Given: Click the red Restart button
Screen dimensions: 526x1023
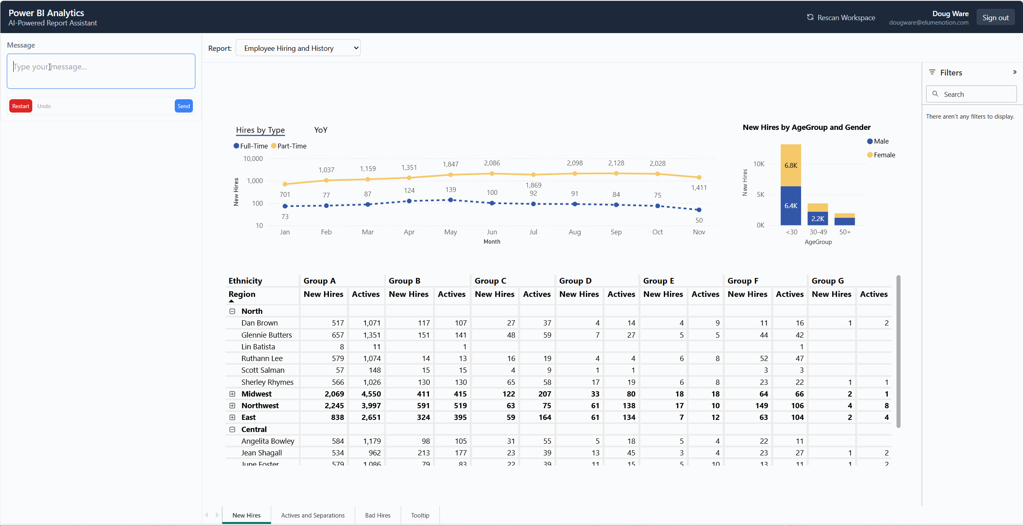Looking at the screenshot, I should (x=21, y=106).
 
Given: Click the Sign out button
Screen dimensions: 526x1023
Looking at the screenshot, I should (x=995, y=17).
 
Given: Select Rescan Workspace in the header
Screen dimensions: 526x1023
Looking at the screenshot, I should (x=841, y=17).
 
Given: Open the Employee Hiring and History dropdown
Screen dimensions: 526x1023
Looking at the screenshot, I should (x=298, y=48).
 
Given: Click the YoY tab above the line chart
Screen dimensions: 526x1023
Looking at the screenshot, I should (x=321, y=130).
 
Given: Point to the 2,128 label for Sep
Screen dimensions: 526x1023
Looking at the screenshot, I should (x=616, y=163).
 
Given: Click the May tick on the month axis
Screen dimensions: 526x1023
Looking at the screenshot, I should (x=450, y=232).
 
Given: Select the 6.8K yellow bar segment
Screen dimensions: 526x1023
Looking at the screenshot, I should (x=791, y=165).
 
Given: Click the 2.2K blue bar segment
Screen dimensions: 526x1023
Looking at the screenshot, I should (x=818, y=219).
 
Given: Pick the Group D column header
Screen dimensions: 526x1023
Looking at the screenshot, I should (x=575, y=281).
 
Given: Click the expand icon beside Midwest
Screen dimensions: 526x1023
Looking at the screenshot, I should (x=232, y=394).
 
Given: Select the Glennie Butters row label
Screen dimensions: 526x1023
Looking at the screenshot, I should (x=266, y=335).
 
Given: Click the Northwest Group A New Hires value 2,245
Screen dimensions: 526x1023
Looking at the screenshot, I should (x=334, y=405).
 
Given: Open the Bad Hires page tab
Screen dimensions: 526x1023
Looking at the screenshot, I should (x=378, y=515).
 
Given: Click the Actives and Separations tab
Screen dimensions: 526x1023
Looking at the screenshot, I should (x=313, y=515).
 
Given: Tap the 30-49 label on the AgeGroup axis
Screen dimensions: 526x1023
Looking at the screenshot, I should (x=818, y=232).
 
